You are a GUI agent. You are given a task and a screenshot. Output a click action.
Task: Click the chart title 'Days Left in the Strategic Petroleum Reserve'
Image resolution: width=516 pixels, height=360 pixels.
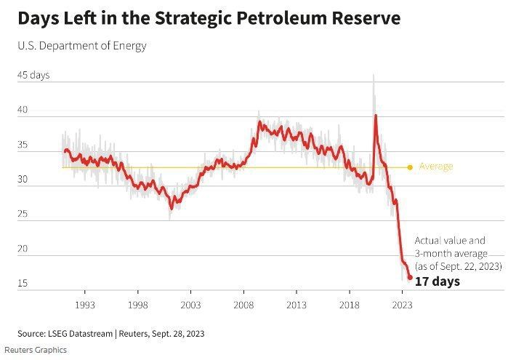pyautogui.click(x=209, y=18)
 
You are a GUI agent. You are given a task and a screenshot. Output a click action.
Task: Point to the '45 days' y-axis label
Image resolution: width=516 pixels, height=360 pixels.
pyautogui.click(x=33, y=76)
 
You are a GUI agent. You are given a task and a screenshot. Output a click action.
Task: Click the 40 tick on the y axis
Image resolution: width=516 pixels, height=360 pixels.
pyautogui.click(x=23, y=110)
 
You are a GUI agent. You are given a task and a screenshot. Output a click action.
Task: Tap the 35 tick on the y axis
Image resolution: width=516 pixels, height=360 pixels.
pyautogui.click(x=23, y=145)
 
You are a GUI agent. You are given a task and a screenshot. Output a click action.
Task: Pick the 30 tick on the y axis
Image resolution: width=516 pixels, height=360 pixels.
pyautogui.click(x=23, y=180)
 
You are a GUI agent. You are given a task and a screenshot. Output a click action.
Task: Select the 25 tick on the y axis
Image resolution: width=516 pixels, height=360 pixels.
pyautogui.click(x=23, y=214)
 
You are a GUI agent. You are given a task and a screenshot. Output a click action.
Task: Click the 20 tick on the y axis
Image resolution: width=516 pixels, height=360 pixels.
pyautogui.click(x=23, y=249)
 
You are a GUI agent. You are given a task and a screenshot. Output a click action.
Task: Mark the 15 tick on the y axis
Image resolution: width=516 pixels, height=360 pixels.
pyautogui.click(x=23, y=283)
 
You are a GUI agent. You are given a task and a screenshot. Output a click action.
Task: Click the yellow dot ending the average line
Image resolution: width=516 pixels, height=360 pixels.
pyautogui.click(x=410, y=167)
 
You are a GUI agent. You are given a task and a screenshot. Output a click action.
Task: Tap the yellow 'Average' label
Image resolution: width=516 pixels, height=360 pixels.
pyautogui.click(x=436, y=167)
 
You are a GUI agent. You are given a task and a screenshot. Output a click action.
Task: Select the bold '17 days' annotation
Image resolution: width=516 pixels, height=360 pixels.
pyautogui.click(x=437, y=281)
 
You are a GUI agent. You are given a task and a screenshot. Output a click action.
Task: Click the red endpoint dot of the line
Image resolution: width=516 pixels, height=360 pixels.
pyautogui.click(x=410, y=277)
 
